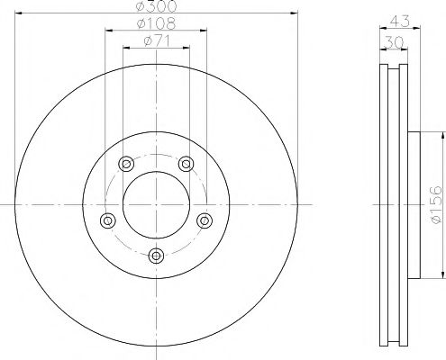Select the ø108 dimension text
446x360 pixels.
coord(156,23)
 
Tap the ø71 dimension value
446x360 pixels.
coord(156,41)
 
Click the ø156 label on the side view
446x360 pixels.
coord(435,205)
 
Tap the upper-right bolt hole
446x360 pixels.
coord(187,163)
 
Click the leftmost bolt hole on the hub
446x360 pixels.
coord(108,220)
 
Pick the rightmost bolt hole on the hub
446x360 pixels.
coord(205,220)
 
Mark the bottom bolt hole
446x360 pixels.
coord(156,256)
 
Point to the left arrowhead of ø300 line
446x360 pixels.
coord(19,13)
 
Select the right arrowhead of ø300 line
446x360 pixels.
coord(294,13)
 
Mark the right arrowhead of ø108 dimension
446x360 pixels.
coord(204,31)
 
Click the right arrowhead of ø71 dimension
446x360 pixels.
coord(187,49)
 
